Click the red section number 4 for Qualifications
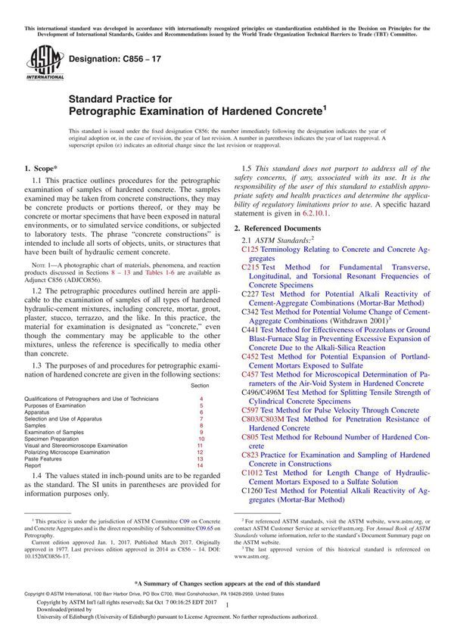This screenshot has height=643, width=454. click(201, 398)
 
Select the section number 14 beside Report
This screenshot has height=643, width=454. click(201, 466)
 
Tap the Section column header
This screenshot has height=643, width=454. click(201, 386)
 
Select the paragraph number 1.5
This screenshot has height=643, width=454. click(247, 168)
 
